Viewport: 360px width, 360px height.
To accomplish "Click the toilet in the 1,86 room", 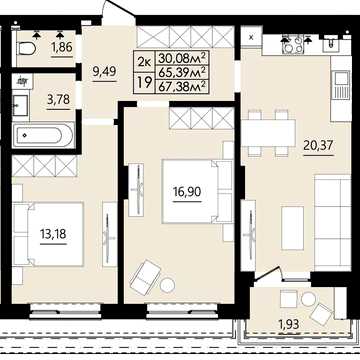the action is tap(27, 49).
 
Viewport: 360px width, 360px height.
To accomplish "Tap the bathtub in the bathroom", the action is tap(43, 135).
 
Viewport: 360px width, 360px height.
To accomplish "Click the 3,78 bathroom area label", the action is tap(58, 100).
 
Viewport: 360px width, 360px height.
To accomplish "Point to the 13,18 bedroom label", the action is tap(53, 234).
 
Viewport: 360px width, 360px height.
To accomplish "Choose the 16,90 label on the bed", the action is tap(187, 192).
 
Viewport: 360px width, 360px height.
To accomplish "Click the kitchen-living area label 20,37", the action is tap(318, 145).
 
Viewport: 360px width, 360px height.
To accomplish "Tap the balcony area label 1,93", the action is tap(288, 323).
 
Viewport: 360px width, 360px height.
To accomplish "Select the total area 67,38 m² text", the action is tap(182, 87).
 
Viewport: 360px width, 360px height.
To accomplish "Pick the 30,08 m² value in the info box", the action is tap(182, 58).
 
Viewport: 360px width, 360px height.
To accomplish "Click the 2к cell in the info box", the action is tap(144, 61).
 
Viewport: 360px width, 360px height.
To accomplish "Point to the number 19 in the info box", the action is tap(144, 82).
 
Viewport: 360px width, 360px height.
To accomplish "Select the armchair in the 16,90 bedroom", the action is tap(145, 278).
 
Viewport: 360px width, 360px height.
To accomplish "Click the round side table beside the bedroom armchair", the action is tap(167, 285).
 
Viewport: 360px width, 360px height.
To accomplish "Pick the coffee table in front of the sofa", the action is tap(292, 228).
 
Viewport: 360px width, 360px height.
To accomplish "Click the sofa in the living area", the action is tap(333, 223).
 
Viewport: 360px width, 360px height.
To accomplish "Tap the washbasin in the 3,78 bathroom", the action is tap(20, 105).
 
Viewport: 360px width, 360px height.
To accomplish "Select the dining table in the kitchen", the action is tap(269, 133).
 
